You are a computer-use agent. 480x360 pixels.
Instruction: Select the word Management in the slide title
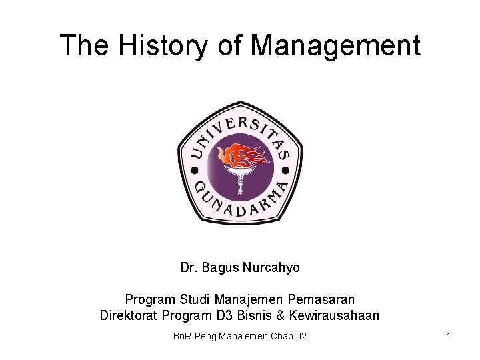point(336,45)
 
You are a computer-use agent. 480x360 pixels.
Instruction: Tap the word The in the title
point(84,45)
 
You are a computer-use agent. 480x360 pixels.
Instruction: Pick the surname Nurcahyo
point(274,267)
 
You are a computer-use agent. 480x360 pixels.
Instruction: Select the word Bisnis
point(255,315)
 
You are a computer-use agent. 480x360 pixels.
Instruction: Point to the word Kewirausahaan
point(335,315)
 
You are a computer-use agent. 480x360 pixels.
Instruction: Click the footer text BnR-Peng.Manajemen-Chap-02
point(240,337)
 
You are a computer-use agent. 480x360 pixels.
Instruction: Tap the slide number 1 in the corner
point(449,337)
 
